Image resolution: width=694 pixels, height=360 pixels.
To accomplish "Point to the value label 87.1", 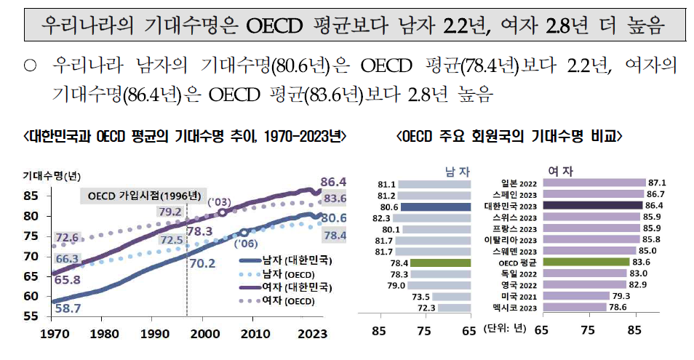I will coord(658,183).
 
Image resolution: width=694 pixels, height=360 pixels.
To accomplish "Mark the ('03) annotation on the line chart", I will coord(219,201).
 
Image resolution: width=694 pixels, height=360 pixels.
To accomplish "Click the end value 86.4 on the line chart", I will coord(332,182).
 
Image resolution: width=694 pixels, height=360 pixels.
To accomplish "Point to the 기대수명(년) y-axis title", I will coord(52,176).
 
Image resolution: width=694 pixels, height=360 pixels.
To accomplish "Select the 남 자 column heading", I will coord(458,170).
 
